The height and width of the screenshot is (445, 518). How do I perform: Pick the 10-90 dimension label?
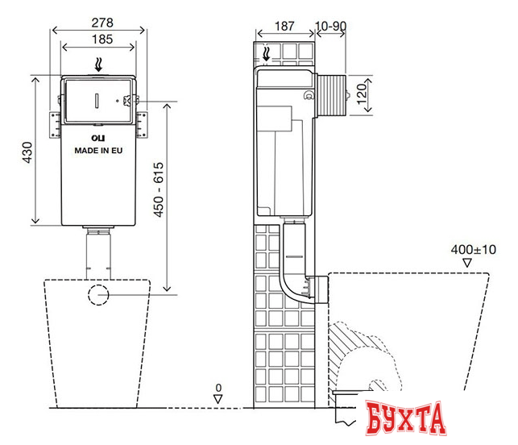tap(330, 27)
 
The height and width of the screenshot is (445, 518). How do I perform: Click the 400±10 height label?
tap(473, 250)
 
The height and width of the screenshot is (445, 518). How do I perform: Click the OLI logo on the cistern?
tap(89, 138)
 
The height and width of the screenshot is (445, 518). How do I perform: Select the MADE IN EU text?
tap(99, 150)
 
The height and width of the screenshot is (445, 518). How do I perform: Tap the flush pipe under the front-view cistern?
tap(99, 256)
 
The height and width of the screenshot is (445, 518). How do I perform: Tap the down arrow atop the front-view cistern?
tap(99, 64)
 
